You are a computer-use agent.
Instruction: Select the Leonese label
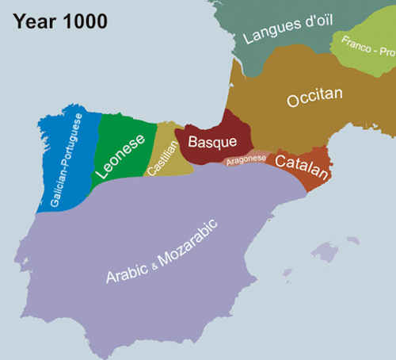(x=120, y=154)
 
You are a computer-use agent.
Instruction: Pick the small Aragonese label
(x=246, y=159)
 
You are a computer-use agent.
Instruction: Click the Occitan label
(x=314, y=98)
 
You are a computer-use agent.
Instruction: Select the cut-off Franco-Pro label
(x=368, y=50)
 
